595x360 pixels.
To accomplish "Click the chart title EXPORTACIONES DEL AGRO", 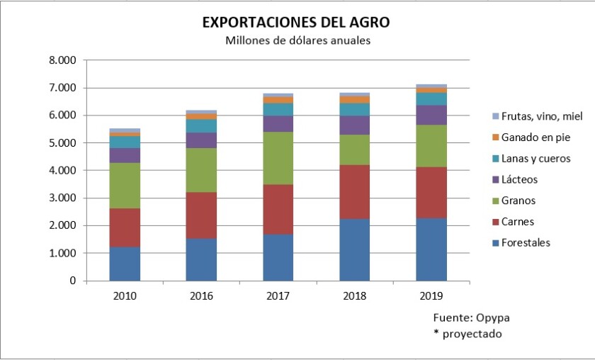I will [296, 23].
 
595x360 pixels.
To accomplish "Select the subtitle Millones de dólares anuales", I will [297, 40].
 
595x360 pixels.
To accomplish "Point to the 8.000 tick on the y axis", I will [62, 60].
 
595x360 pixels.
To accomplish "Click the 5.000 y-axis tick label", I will [62, 143].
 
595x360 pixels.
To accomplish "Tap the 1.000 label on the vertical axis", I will [62, 253].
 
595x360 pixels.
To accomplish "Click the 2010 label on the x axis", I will [125, 295].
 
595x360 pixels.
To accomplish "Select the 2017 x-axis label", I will [278, 295].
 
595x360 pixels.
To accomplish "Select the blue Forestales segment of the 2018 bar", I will [355, 249].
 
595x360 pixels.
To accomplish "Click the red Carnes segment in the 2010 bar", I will [125, 227].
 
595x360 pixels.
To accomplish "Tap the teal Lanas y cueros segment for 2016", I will [201, 125].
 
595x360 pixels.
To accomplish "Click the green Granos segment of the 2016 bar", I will [201, 170].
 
